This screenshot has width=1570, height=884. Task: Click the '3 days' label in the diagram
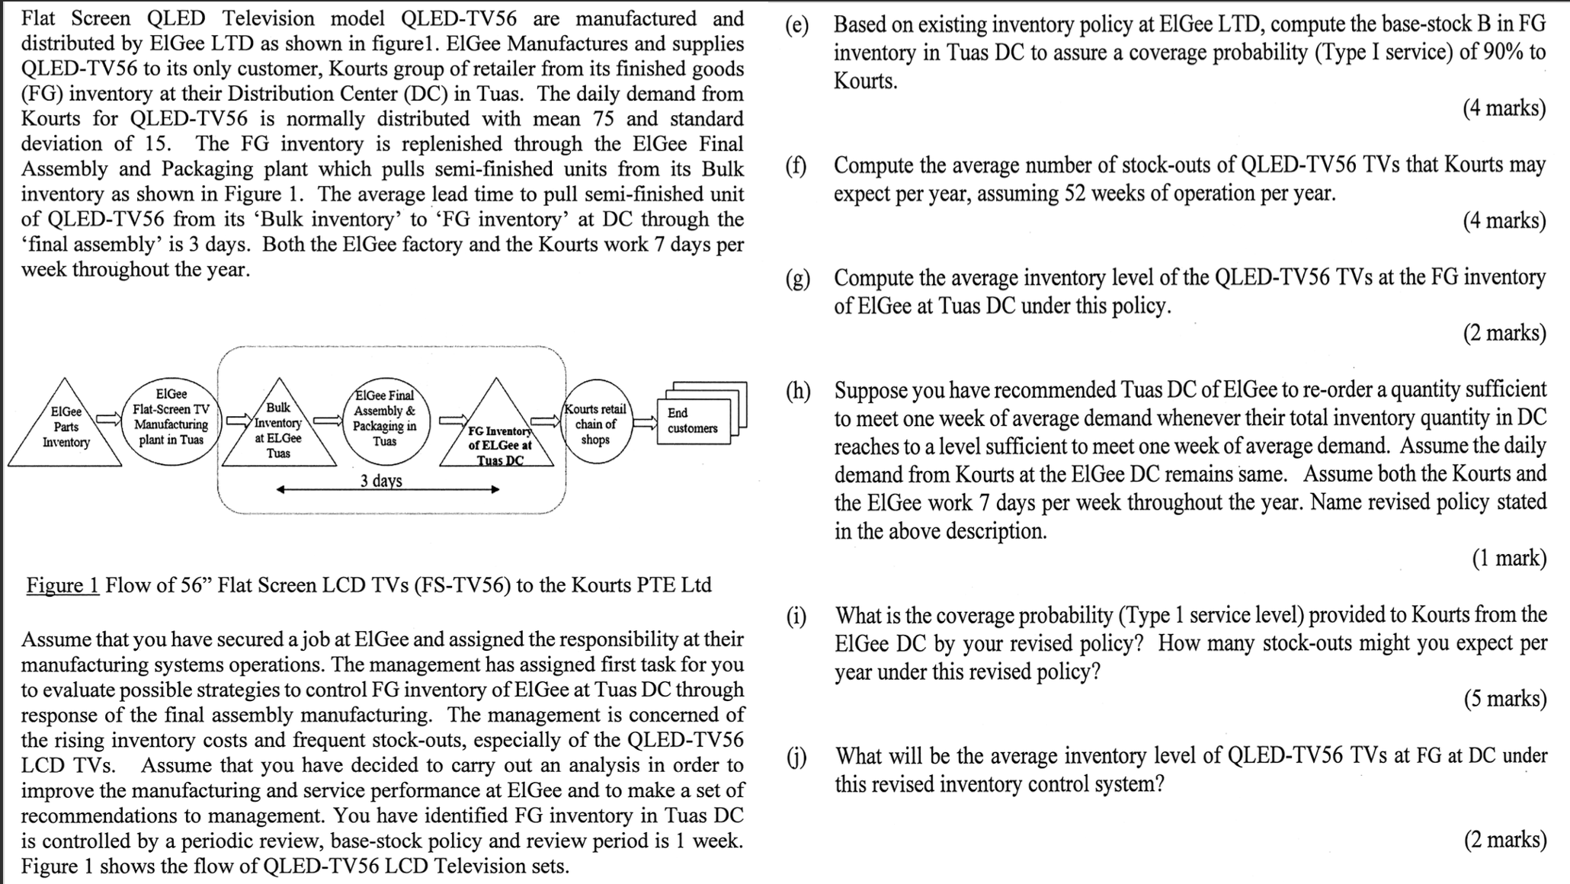tap(381, 481)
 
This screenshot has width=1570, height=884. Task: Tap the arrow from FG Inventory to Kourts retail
tap(546, 420)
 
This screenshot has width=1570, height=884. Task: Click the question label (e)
tap(797, 25)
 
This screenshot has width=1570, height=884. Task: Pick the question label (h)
tap(798, 391)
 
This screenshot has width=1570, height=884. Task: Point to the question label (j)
tap(797, 757)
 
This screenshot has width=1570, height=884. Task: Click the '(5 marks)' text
tap(1504, 699)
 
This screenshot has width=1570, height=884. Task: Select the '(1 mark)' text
tap(1509, 559)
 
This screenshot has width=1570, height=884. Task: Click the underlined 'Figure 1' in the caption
tap(62, 585)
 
